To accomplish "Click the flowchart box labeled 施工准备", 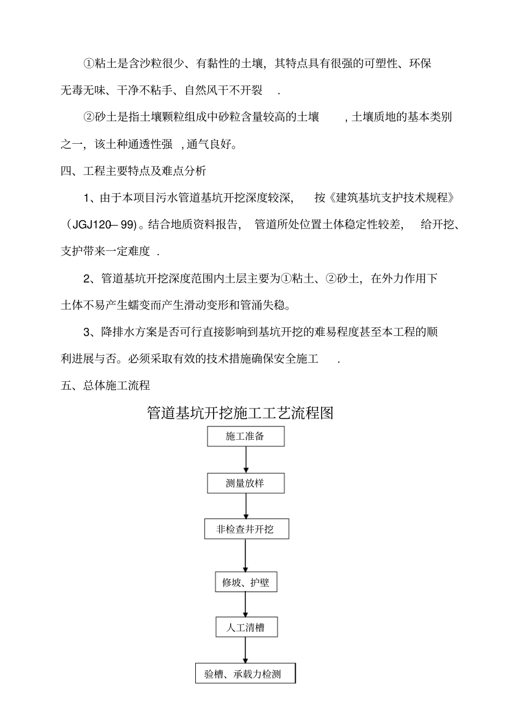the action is [246, 436].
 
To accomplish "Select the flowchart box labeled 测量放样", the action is [246, 483].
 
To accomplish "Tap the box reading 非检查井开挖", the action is [246, 529].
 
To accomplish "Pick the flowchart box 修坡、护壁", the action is [246, 582].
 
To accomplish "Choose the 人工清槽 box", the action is [246, 628].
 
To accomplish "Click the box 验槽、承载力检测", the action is [245, 674].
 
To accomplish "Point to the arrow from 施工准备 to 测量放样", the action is [246, 460].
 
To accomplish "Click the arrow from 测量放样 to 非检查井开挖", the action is [246, 506].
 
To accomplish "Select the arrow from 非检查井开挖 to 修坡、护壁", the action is [246, 556].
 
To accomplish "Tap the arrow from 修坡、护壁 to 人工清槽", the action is [246, 605].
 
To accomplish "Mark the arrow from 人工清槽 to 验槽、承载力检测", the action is [246, 651].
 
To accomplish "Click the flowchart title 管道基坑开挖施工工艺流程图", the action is [240, 413].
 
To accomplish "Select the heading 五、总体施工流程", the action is [105, 385].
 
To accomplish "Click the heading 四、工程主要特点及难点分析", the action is [133, 172].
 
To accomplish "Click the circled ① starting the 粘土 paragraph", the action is [89, 64].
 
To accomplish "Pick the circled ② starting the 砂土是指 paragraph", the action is [89, 117].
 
